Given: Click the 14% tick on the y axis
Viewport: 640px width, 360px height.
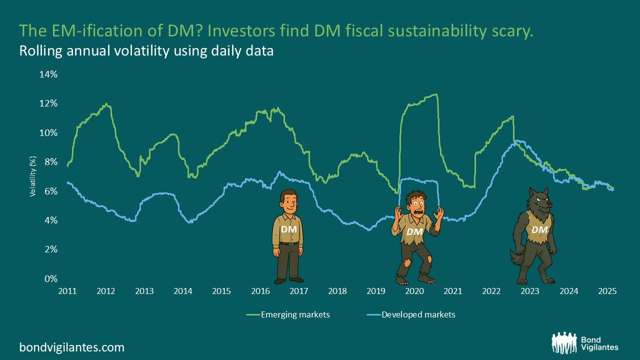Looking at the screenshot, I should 49,74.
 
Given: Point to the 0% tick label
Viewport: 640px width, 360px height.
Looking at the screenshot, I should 51,278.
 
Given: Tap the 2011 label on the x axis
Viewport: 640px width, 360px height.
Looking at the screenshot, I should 67,291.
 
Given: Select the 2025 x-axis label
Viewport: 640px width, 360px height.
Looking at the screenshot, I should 607,291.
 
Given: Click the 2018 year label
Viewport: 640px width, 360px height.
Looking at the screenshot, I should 337,291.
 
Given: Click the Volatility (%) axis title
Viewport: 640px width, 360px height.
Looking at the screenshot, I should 33,176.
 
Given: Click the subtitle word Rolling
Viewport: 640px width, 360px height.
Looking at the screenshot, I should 39,51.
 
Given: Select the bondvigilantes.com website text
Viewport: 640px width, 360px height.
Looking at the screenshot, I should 71,347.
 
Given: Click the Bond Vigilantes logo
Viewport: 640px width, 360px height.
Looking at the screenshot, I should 585,343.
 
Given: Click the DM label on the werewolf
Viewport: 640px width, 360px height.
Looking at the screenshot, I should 539,229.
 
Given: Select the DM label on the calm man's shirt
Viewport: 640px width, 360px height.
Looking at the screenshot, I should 289,229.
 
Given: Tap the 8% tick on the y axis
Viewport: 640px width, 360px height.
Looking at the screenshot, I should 51,161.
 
